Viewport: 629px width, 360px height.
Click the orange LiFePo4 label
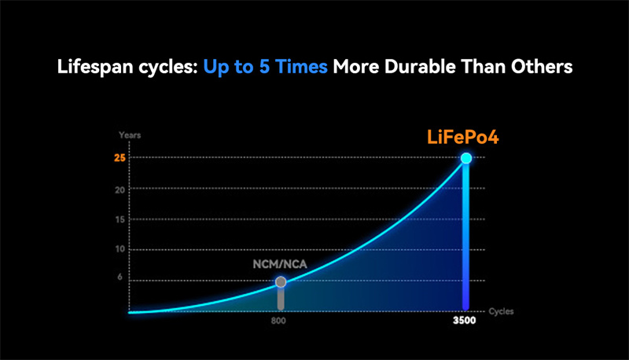(x=463, y=137)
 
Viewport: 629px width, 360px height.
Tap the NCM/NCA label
(x=280, y=264)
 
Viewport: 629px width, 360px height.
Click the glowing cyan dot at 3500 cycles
(x=466, y=158)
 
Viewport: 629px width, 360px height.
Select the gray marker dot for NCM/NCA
(x=281, y=282)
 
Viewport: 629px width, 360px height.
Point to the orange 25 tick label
(x=120, y=158)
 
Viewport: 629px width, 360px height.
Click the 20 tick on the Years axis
(x=120, y=189)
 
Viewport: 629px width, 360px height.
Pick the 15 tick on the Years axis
(x=120, y=219)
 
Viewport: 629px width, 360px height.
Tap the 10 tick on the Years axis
(x=120, y=249)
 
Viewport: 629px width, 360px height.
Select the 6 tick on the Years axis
(x=120, y=277)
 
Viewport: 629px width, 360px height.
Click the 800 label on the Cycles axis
(x=278, y=321)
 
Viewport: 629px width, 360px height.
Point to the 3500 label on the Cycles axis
(x=465, y=321)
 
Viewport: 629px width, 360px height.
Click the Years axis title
(x=130, y=135)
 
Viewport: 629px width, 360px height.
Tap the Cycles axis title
(x=501, y=311)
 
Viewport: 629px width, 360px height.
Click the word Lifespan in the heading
(x=95, y=67)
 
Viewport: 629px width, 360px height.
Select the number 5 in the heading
(x=264, y=67)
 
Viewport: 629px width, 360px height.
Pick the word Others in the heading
(x=542, y=67)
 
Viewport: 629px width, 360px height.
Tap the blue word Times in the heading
(x=302, y=67)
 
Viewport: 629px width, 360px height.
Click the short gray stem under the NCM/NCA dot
(x=281, y=299)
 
